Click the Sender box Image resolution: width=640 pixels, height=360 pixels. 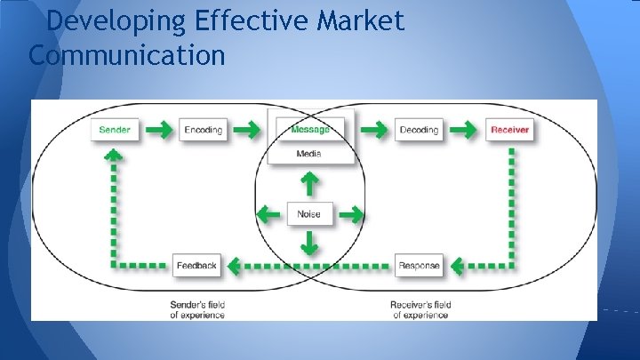coord(115,130)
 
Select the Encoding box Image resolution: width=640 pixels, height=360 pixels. coord(204,130)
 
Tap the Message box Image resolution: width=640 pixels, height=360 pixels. coord(309,130)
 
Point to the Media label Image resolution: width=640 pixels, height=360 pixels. coord(309,154)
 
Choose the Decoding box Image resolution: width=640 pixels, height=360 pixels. coord(419,130)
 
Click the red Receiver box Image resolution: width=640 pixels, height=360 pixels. coord(509,130)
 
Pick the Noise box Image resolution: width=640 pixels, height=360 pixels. coord(309,213)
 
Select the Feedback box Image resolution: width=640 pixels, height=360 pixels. coord(196,265)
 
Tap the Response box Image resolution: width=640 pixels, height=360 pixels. coord(419,265)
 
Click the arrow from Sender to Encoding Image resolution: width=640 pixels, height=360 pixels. coord(159,130)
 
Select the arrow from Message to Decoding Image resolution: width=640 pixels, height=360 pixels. coord(374,130)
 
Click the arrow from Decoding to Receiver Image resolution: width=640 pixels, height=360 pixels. coord(463,130)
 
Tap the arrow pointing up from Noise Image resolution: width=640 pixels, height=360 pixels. coord(309,184)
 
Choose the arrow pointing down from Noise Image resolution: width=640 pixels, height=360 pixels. coord(309,242)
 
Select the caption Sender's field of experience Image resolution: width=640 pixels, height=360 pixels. coord(197,309)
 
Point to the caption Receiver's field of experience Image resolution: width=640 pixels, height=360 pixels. coord(420,309)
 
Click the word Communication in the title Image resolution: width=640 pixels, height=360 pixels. coord(127,55)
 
